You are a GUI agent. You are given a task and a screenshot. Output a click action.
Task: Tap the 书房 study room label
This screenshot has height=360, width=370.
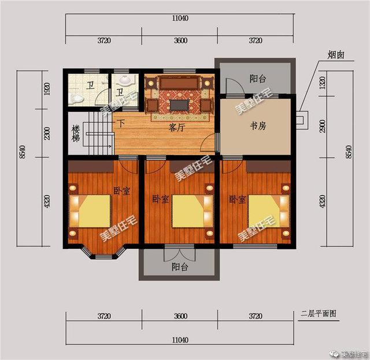click(x=257, y=126)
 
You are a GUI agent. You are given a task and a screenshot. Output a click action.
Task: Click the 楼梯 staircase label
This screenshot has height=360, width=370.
click(x=75, y=134)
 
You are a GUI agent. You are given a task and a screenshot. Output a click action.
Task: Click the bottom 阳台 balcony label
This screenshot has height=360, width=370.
click(x=180, y=267)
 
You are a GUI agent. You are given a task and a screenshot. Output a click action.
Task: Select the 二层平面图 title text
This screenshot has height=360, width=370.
click(x=318, y=314)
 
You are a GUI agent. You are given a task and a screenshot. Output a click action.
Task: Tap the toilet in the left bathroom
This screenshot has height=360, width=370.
click(x=74, y=99)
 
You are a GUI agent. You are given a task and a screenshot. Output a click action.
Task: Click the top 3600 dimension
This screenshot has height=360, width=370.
click(x=180, y=41)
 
